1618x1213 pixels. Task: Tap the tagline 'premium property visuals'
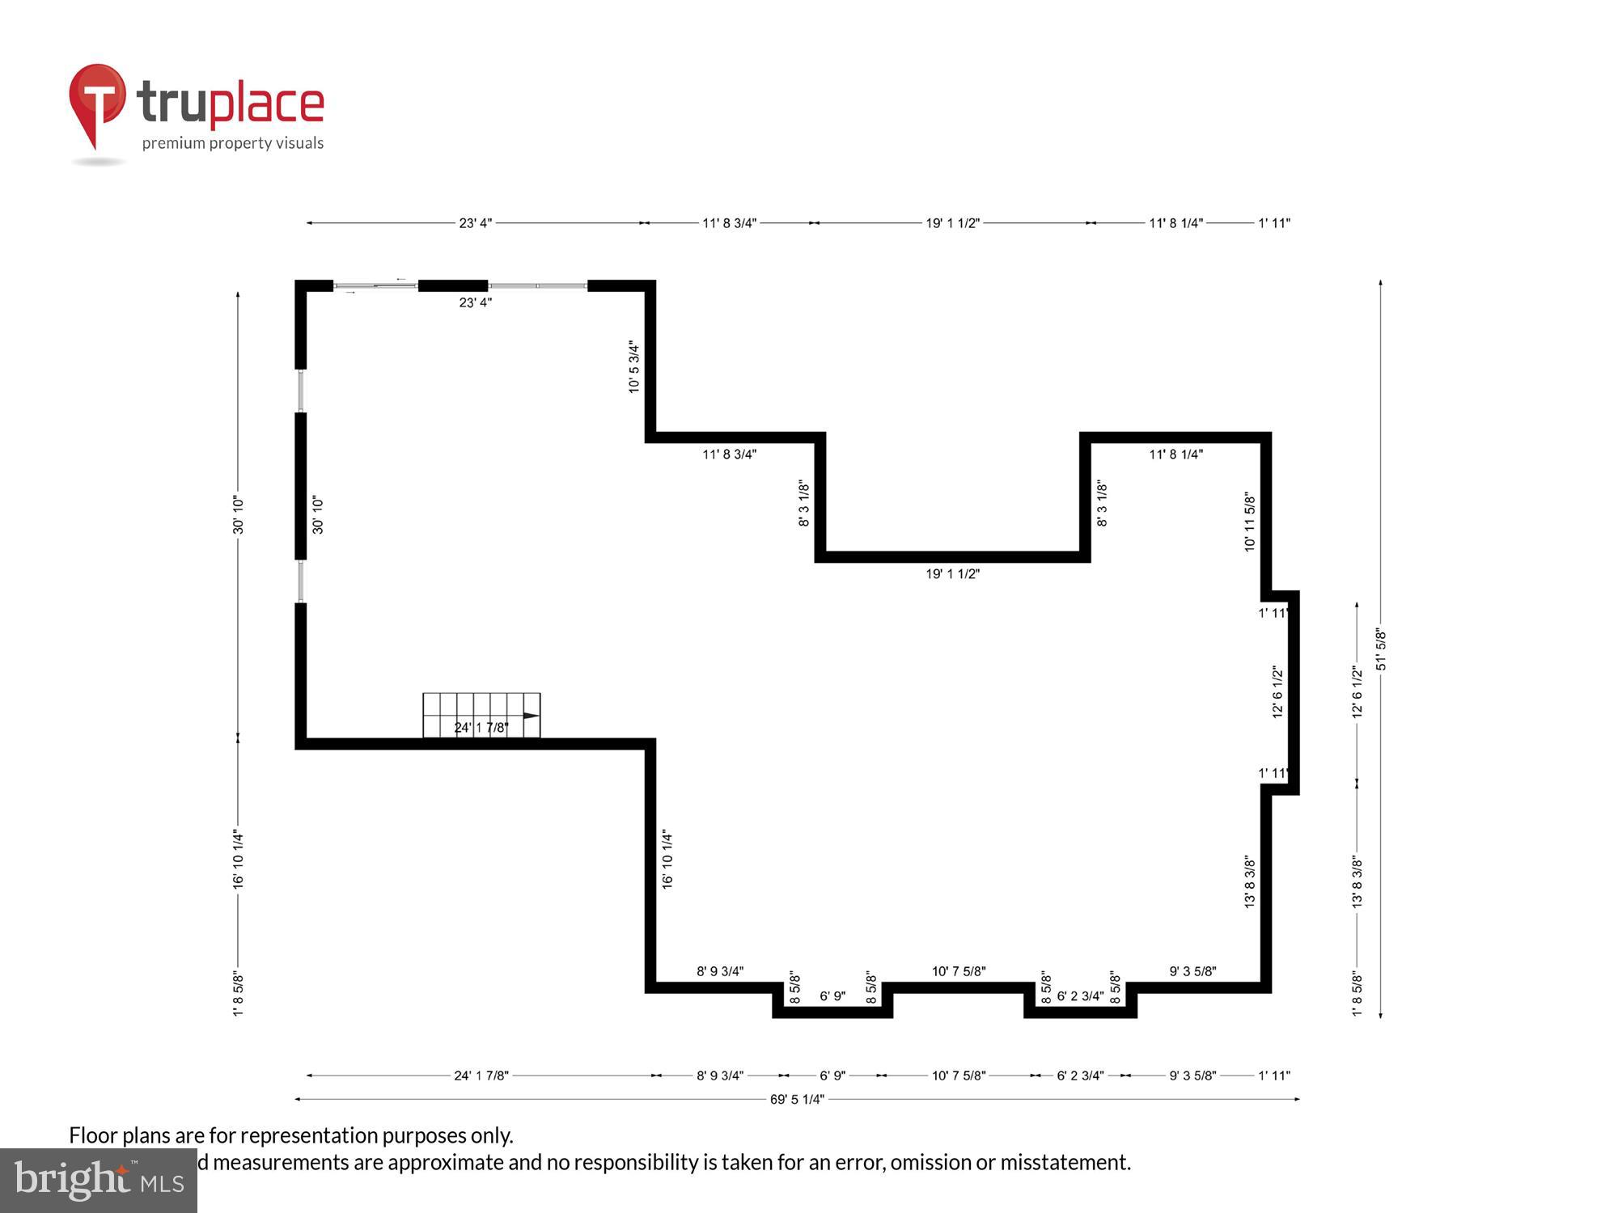[233, 143]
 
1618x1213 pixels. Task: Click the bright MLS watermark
[99, 1180]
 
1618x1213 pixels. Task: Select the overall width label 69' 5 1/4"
[797, 1099]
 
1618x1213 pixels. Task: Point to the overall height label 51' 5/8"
[1381, 649]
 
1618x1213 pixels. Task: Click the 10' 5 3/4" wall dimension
[634, 367]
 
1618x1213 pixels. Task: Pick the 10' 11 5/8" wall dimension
[1250, 522]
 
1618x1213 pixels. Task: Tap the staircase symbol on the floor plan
[481, 715]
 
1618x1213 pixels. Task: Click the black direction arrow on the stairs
[531, 716]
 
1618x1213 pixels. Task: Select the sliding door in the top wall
[375, 285]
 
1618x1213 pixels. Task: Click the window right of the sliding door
[538, 285]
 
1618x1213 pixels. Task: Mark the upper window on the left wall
[301, 391]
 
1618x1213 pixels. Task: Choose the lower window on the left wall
[301, 581]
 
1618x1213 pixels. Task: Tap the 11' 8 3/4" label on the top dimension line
[729, 223]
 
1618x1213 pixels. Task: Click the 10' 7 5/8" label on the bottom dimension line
[959, 1076]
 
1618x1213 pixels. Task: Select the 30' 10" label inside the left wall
[318, 515]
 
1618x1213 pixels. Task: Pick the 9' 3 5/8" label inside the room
[1192, 971]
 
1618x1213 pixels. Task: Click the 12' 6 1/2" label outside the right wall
[1358, 691]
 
